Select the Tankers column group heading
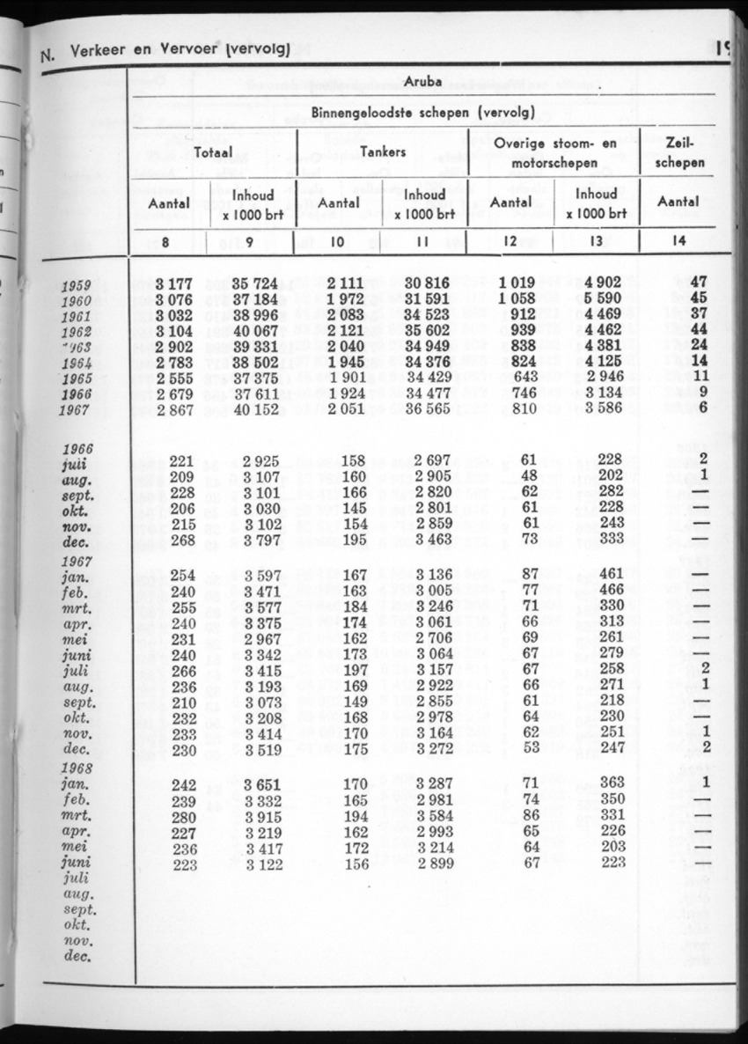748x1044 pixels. (383, 152)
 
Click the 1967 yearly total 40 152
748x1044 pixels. (259, 410)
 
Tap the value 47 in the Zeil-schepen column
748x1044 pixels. (700, 283)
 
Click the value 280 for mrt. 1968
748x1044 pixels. (181, 815)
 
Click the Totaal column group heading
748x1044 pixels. (214, 152)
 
